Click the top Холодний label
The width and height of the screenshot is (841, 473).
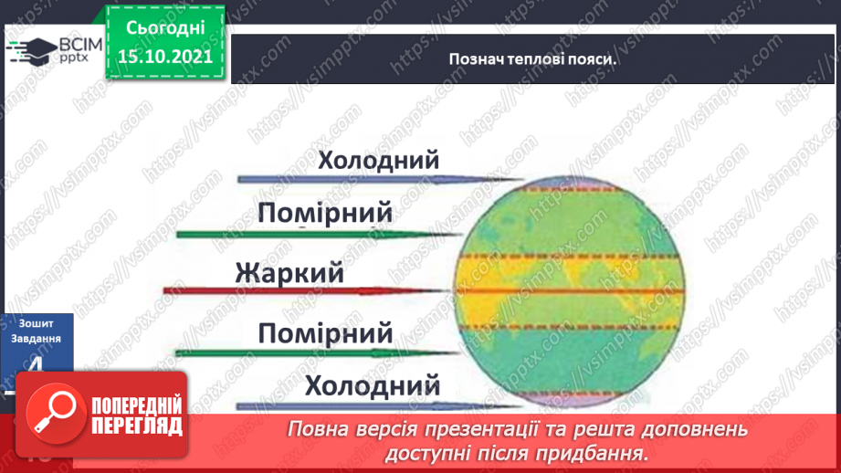coord(378,161)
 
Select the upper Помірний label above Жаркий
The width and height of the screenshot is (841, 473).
coord(325,214)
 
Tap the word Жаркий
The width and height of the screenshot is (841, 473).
coord(289,272)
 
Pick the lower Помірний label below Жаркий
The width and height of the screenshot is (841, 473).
coord(325,331)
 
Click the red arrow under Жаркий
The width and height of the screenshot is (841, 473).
coord(310,291)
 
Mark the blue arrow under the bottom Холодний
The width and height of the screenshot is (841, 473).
coord(365,404)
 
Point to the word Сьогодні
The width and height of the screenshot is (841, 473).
coord(164,27)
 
